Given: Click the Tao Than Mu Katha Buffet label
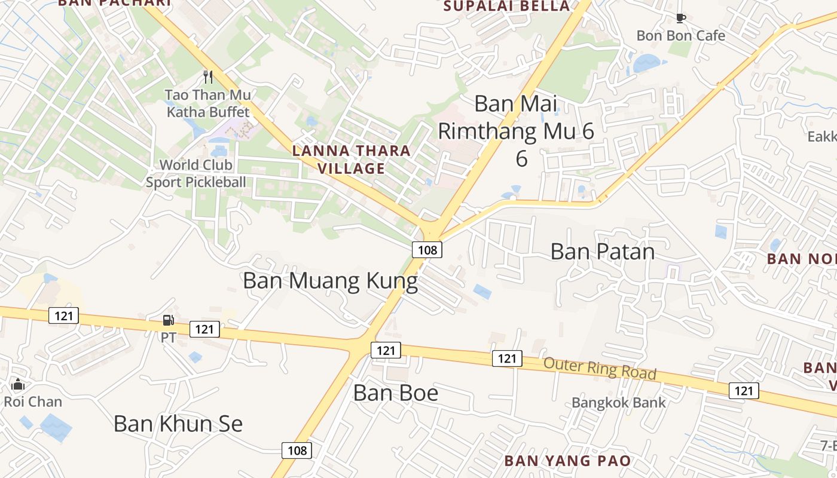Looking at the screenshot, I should pos(208,103).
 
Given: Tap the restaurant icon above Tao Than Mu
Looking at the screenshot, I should pos(208,76).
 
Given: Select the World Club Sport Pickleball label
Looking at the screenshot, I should pos(196,173).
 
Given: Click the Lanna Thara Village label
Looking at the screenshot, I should pos(352,160).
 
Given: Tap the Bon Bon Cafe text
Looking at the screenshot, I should pos(680,36).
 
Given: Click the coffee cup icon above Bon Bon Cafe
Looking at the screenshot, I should pos(680,18).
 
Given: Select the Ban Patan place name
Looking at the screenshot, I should pos(602,252).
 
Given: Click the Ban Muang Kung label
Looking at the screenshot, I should pos(330,281).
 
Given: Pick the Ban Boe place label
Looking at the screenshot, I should pos(396,393).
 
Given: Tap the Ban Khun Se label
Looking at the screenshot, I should pos(178,424).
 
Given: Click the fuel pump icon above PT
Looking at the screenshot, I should pos(169,321).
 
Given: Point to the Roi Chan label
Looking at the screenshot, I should pos(33,402).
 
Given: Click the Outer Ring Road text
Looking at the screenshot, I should pos(600,368).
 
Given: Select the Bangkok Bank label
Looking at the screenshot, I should pos(618,403).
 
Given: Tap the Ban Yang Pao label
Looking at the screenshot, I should pos(567,461).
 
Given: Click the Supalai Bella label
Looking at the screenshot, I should pos(507,7).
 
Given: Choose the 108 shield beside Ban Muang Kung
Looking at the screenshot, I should pos(427,250).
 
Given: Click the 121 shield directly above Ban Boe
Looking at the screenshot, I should pos(386,350).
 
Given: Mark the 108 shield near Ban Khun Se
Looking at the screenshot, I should pos(297,450).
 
